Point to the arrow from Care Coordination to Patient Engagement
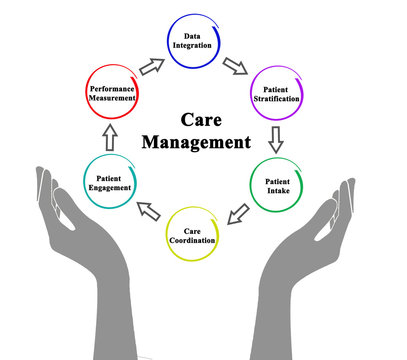[x=148, y=211]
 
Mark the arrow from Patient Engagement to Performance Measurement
[x=110, y=137]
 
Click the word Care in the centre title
[x=195, y=119]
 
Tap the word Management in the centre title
[x=195, y=142]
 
